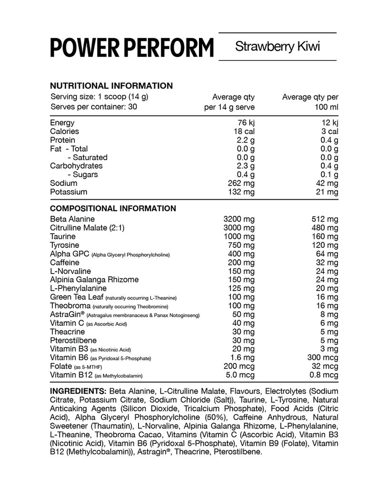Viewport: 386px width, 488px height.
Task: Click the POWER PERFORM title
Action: pos(132,48)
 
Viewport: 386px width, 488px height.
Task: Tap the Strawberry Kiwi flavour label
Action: pos(277,47)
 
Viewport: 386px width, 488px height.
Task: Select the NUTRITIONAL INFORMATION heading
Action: pos(111,86)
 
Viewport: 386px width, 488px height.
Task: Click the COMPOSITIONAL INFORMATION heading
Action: pos(113,208)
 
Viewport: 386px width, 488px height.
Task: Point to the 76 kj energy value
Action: pos(245,123)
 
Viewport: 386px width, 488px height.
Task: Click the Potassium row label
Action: pos(69,192)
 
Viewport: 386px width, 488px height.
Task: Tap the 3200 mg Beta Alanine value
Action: pos(239,219)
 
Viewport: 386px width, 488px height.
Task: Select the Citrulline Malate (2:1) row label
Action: pos(87,228)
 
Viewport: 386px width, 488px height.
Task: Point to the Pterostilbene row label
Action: pos(73,340)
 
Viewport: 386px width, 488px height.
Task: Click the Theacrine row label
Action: pos(68,332)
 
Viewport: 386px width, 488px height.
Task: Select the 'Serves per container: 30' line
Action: pos(94,107)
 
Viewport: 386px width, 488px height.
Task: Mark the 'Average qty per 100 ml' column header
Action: pos(310,102)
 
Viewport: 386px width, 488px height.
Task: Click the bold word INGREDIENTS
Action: pos(79,391)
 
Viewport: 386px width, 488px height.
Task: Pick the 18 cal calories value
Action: pos(243,132)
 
